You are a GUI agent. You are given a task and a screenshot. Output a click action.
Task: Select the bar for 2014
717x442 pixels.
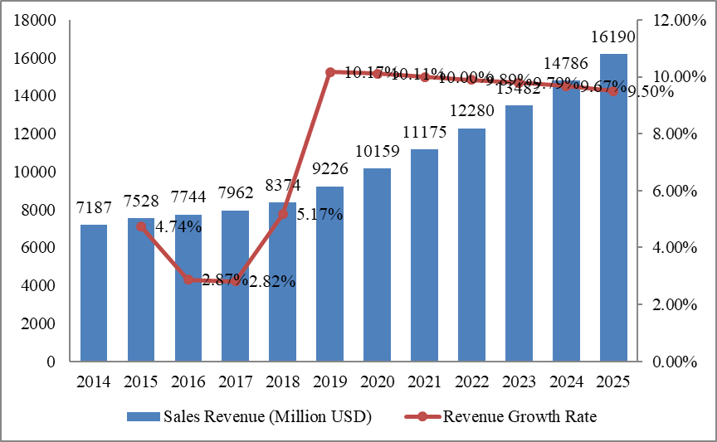[x=94, y=293]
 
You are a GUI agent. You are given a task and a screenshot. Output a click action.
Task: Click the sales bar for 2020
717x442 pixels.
[x=377, y=265]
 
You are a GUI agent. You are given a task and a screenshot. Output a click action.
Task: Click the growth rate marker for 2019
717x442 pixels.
[x=329, y=72]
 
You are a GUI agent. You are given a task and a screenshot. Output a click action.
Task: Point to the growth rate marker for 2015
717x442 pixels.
[x=141, y=226]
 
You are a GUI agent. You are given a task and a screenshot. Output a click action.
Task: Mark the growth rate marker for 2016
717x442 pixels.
[x=188, y=280]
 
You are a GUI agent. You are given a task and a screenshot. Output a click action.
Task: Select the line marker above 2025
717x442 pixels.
[x=613, y=91]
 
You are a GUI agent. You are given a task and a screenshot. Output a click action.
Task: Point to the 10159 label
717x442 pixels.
[x=377, y=153]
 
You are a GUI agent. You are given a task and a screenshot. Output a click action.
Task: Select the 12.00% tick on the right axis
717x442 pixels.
[x=671, y=20]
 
